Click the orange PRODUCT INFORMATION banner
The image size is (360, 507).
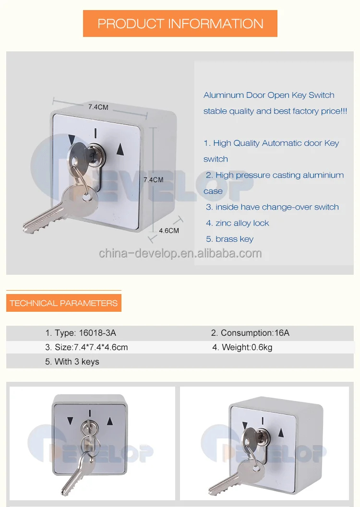click(x=180, y=24)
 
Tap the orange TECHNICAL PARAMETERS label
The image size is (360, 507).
click(x=63, y=303)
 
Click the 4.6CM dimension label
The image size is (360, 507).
click(x=169, y=230)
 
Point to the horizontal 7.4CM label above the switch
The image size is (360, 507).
click(x=98, y=107)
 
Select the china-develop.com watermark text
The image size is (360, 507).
click(x=180, y=253)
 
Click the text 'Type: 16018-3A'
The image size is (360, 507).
click(x=81, y=333)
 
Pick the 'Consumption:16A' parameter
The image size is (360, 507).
click(x=250, y=333)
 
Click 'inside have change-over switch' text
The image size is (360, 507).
click(x=272, y=207)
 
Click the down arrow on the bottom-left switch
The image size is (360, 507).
click(x=71, y=421)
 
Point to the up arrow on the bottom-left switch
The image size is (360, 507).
click(x=110, y=421)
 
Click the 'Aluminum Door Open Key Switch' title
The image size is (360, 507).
click(x=269, y=95)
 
